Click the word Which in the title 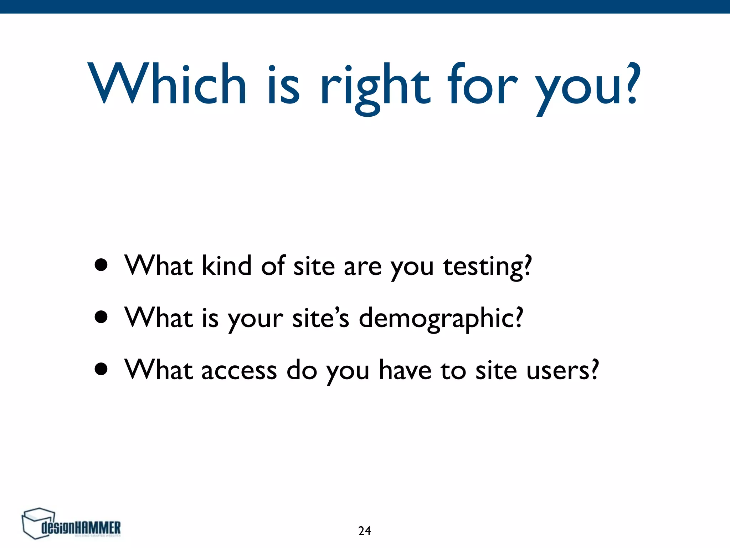[167, 84]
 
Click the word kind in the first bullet [227, 266]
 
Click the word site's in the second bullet [320, 318]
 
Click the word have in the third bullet [405, 370]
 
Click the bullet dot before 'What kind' [102, 266]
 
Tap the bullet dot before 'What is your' [102, 317]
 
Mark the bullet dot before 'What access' [102, 370]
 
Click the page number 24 [364, 531]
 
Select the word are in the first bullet [363, 267]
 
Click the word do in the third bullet [302, 370]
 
